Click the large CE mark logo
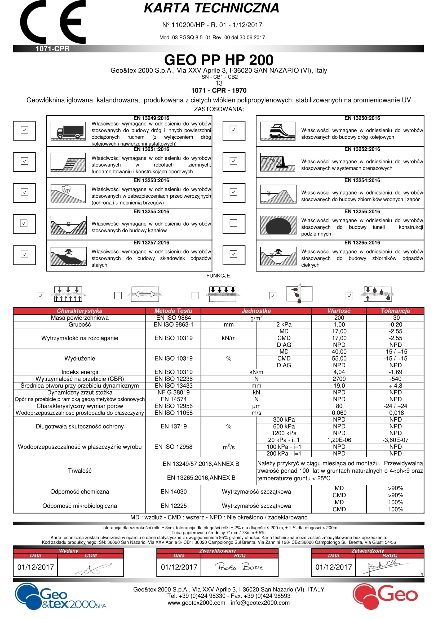coord(53,22)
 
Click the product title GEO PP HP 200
coord(219,60)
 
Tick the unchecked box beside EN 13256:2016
coord(233,223)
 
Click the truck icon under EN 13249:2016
coord(68,131)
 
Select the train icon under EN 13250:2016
coord(278,131)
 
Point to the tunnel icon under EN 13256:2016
coord(278,225)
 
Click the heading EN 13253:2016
coord(151,180)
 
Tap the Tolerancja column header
coord(395,311)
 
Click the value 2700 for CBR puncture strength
coord(339,379)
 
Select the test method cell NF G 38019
coord(174,392)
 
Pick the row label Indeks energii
coord(79,372)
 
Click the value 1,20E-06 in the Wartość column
coord(339,440)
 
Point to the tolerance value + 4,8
coord(395,386)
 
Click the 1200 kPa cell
coord(284,433)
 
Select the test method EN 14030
coord(174,492)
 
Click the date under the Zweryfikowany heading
coord(179,567)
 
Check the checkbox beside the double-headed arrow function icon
coord(118,296)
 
